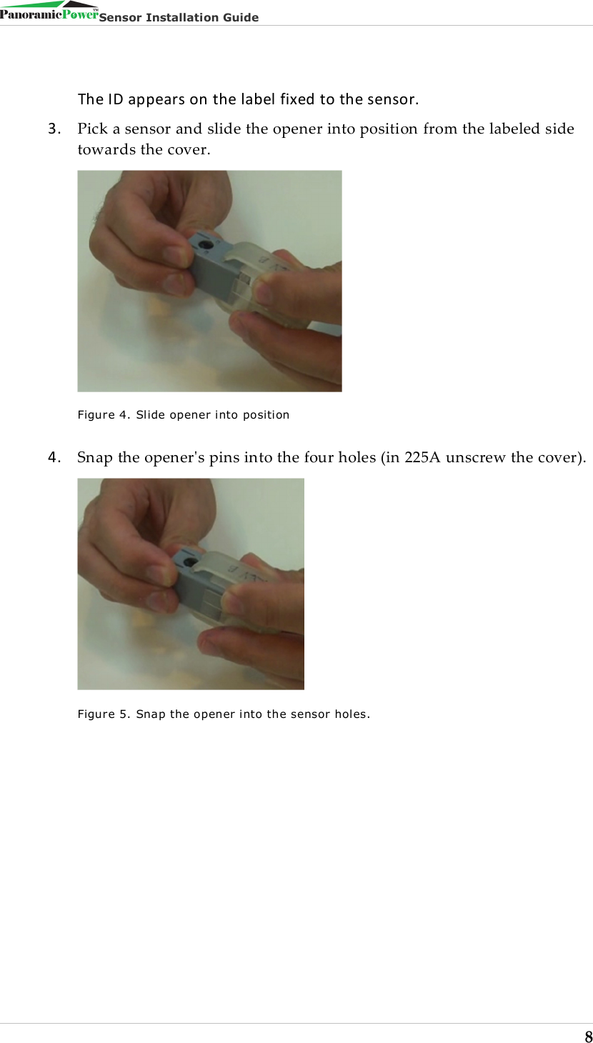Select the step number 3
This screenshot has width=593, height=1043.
54,129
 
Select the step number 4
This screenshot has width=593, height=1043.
54,457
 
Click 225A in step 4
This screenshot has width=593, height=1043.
422,457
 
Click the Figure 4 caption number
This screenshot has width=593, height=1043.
122,415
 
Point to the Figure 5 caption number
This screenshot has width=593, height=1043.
123,714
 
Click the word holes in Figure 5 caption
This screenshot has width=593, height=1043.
352,714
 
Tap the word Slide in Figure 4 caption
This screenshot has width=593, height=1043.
151,415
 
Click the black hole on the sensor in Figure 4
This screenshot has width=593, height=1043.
204,245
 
